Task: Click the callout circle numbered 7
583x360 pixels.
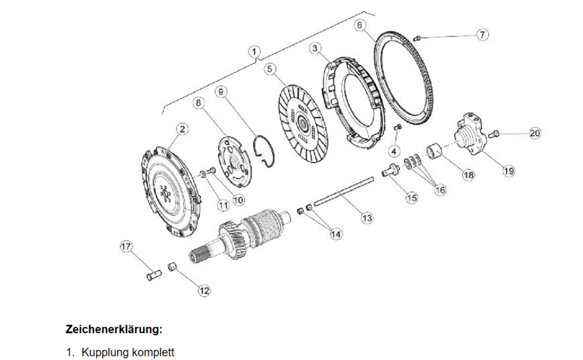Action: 482,34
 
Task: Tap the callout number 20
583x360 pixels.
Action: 535,133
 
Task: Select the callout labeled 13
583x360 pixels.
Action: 367,218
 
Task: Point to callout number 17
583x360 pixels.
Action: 126,246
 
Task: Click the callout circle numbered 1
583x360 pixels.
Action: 254,51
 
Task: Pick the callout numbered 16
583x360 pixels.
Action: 440,190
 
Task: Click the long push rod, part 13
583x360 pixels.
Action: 343,192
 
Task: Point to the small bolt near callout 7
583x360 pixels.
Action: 417,37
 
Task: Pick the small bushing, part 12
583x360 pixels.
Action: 172,267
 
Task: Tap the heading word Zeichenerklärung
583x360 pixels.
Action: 114,329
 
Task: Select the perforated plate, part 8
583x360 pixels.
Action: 234,161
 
